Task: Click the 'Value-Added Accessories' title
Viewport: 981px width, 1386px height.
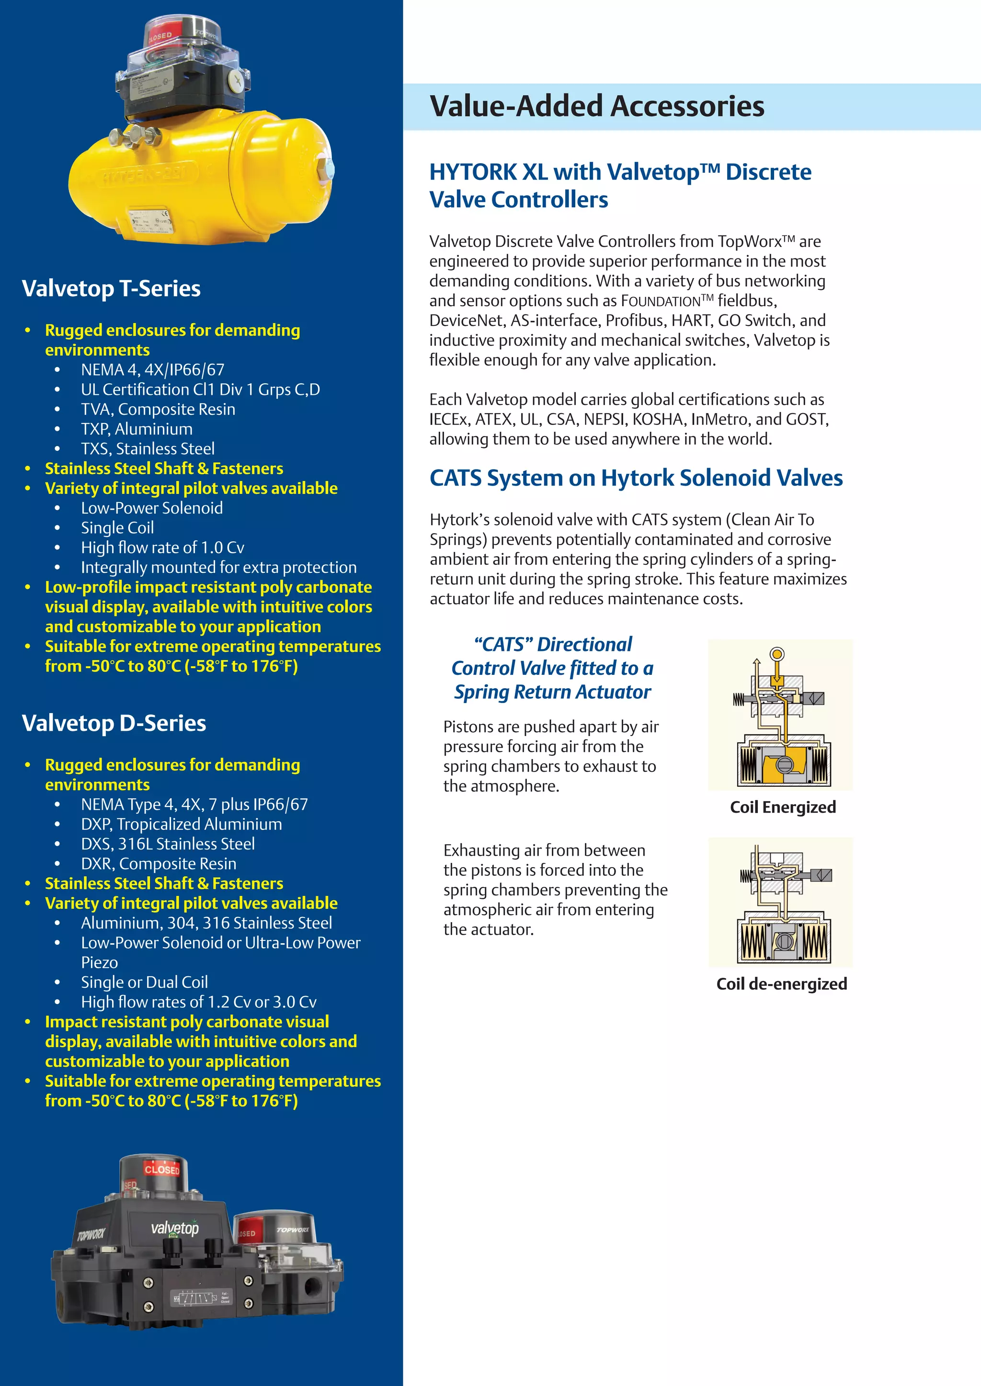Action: coord(597,106)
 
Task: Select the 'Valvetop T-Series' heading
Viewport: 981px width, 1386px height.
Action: coord(111,289)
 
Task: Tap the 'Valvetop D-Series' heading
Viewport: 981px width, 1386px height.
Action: coord(114,723)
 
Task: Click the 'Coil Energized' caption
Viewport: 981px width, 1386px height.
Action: coord(783,807)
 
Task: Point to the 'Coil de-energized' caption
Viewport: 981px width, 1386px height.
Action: coord(782,984)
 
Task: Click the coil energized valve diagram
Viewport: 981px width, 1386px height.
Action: coord(780,715)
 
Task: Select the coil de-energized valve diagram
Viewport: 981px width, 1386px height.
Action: coord(780,902)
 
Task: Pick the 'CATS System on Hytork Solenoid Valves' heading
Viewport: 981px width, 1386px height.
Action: coord(636,478)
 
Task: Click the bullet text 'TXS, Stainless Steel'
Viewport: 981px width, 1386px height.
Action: coord(148,449)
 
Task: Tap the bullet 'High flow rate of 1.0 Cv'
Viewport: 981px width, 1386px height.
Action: coord(162,548)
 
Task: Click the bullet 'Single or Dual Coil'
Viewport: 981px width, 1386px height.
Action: coord(144,982)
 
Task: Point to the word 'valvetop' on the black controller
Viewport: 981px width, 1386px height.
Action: coord(174,1228)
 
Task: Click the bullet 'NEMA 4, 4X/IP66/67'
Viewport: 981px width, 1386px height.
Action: coord(153,370)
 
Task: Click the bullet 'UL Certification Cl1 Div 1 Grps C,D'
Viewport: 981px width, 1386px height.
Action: coord(201,390)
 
